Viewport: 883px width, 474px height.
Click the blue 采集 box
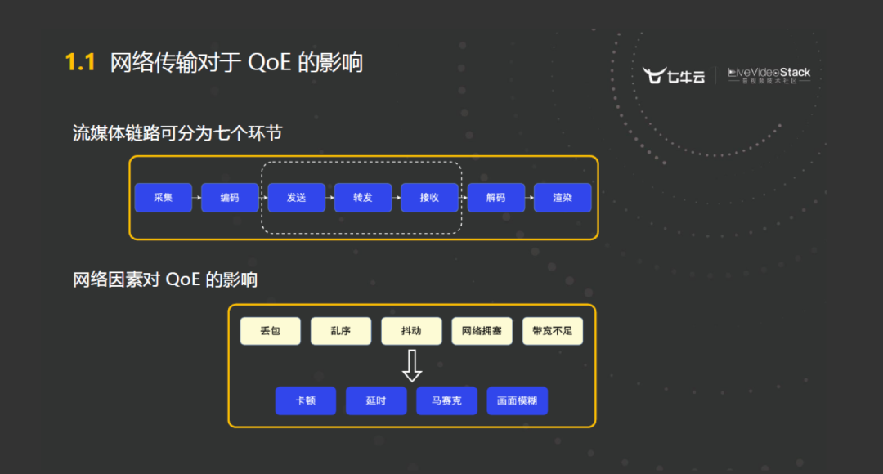[x=163, y=198]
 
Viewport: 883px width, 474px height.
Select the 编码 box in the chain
[x=230, y=198]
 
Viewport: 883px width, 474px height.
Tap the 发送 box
[x=296, y=198]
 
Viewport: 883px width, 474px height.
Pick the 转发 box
[x=363, y=198]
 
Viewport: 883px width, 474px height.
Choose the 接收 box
[x=429, y=198]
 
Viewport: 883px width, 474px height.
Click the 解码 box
[x=495, y=198]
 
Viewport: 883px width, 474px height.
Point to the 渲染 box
[x=563, y=198]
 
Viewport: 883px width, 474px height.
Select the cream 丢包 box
[x=271, y=331]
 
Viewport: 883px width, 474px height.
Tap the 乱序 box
[x=341, y=331]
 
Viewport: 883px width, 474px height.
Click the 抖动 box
[x=411, y=331]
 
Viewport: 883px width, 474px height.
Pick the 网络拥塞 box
[x=482, y=331]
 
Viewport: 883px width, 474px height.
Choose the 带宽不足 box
[x=553, y=331]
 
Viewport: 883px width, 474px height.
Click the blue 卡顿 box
[x=306, y=400]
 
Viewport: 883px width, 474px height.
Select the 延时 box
[x=376, y=400]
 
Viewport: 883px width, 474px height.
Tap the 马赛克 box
[x=446, y=400]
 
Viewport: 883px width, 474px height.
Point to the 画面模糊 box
[x=517, y=400]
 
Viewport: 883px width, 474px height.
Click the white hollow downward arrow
[x=412, y=365]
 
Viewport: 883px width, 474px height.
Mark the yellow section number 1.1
[x=81, y=63]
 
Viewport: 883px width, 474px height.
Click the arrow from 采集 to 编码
[x=196, y=198]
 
